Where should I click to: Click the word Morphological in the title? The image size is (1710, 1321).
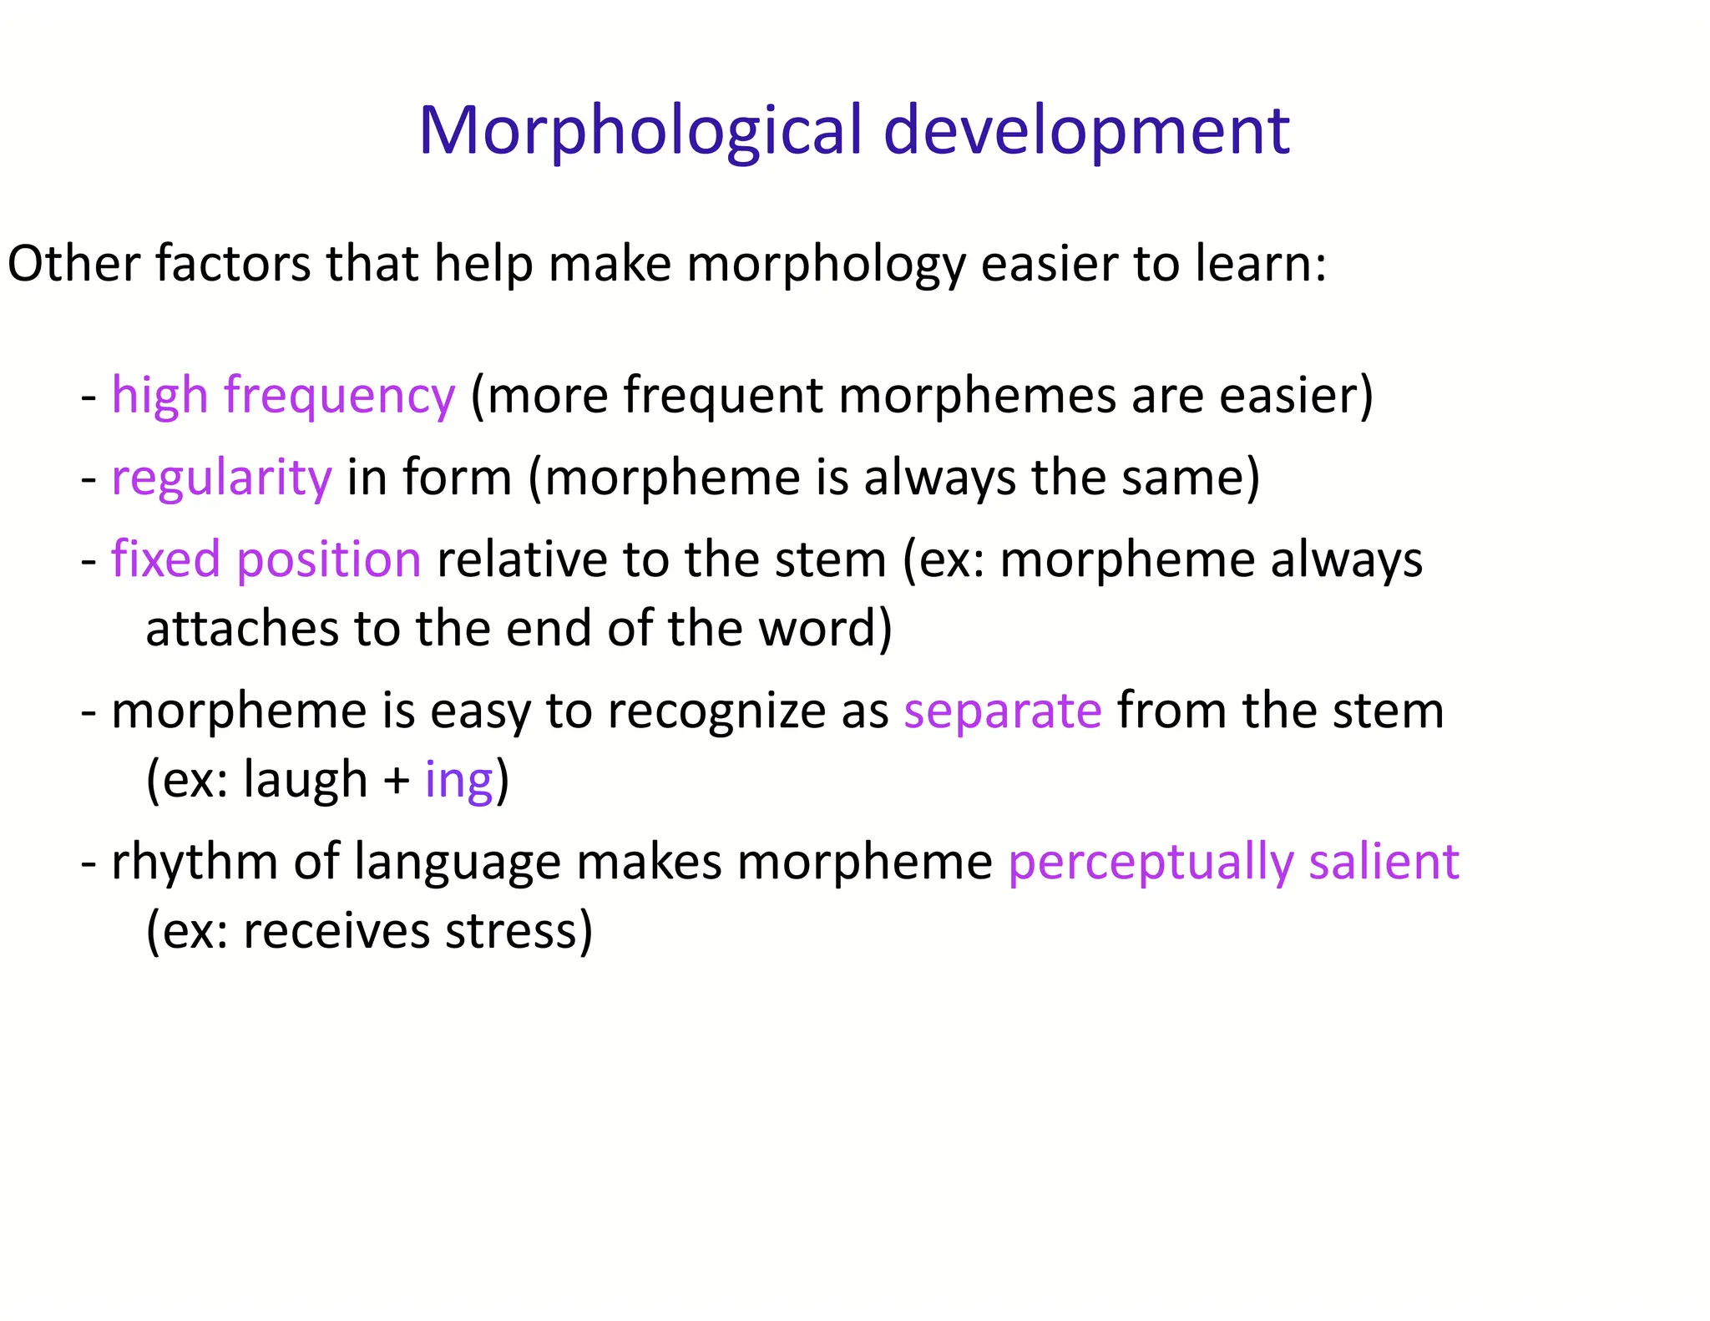640,131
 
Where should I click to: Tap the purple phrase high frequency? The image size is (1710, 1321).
283,395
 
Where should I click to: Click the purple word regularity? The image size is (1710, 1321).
221,478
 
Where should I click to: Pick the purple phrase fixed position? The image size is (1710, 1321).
266,559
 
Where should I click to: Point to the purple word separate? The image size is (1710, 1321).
1002,711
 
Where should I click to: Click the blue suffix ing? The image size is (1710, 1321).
458,781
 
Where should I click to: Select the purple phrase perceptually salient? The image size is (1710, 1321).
1233,862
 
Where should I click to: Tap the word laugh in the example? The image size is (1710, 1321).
305,780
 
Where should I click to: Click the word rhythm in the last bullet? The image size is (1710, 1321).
194,862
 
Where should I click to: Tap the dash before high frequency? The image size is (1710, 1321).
89,397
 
